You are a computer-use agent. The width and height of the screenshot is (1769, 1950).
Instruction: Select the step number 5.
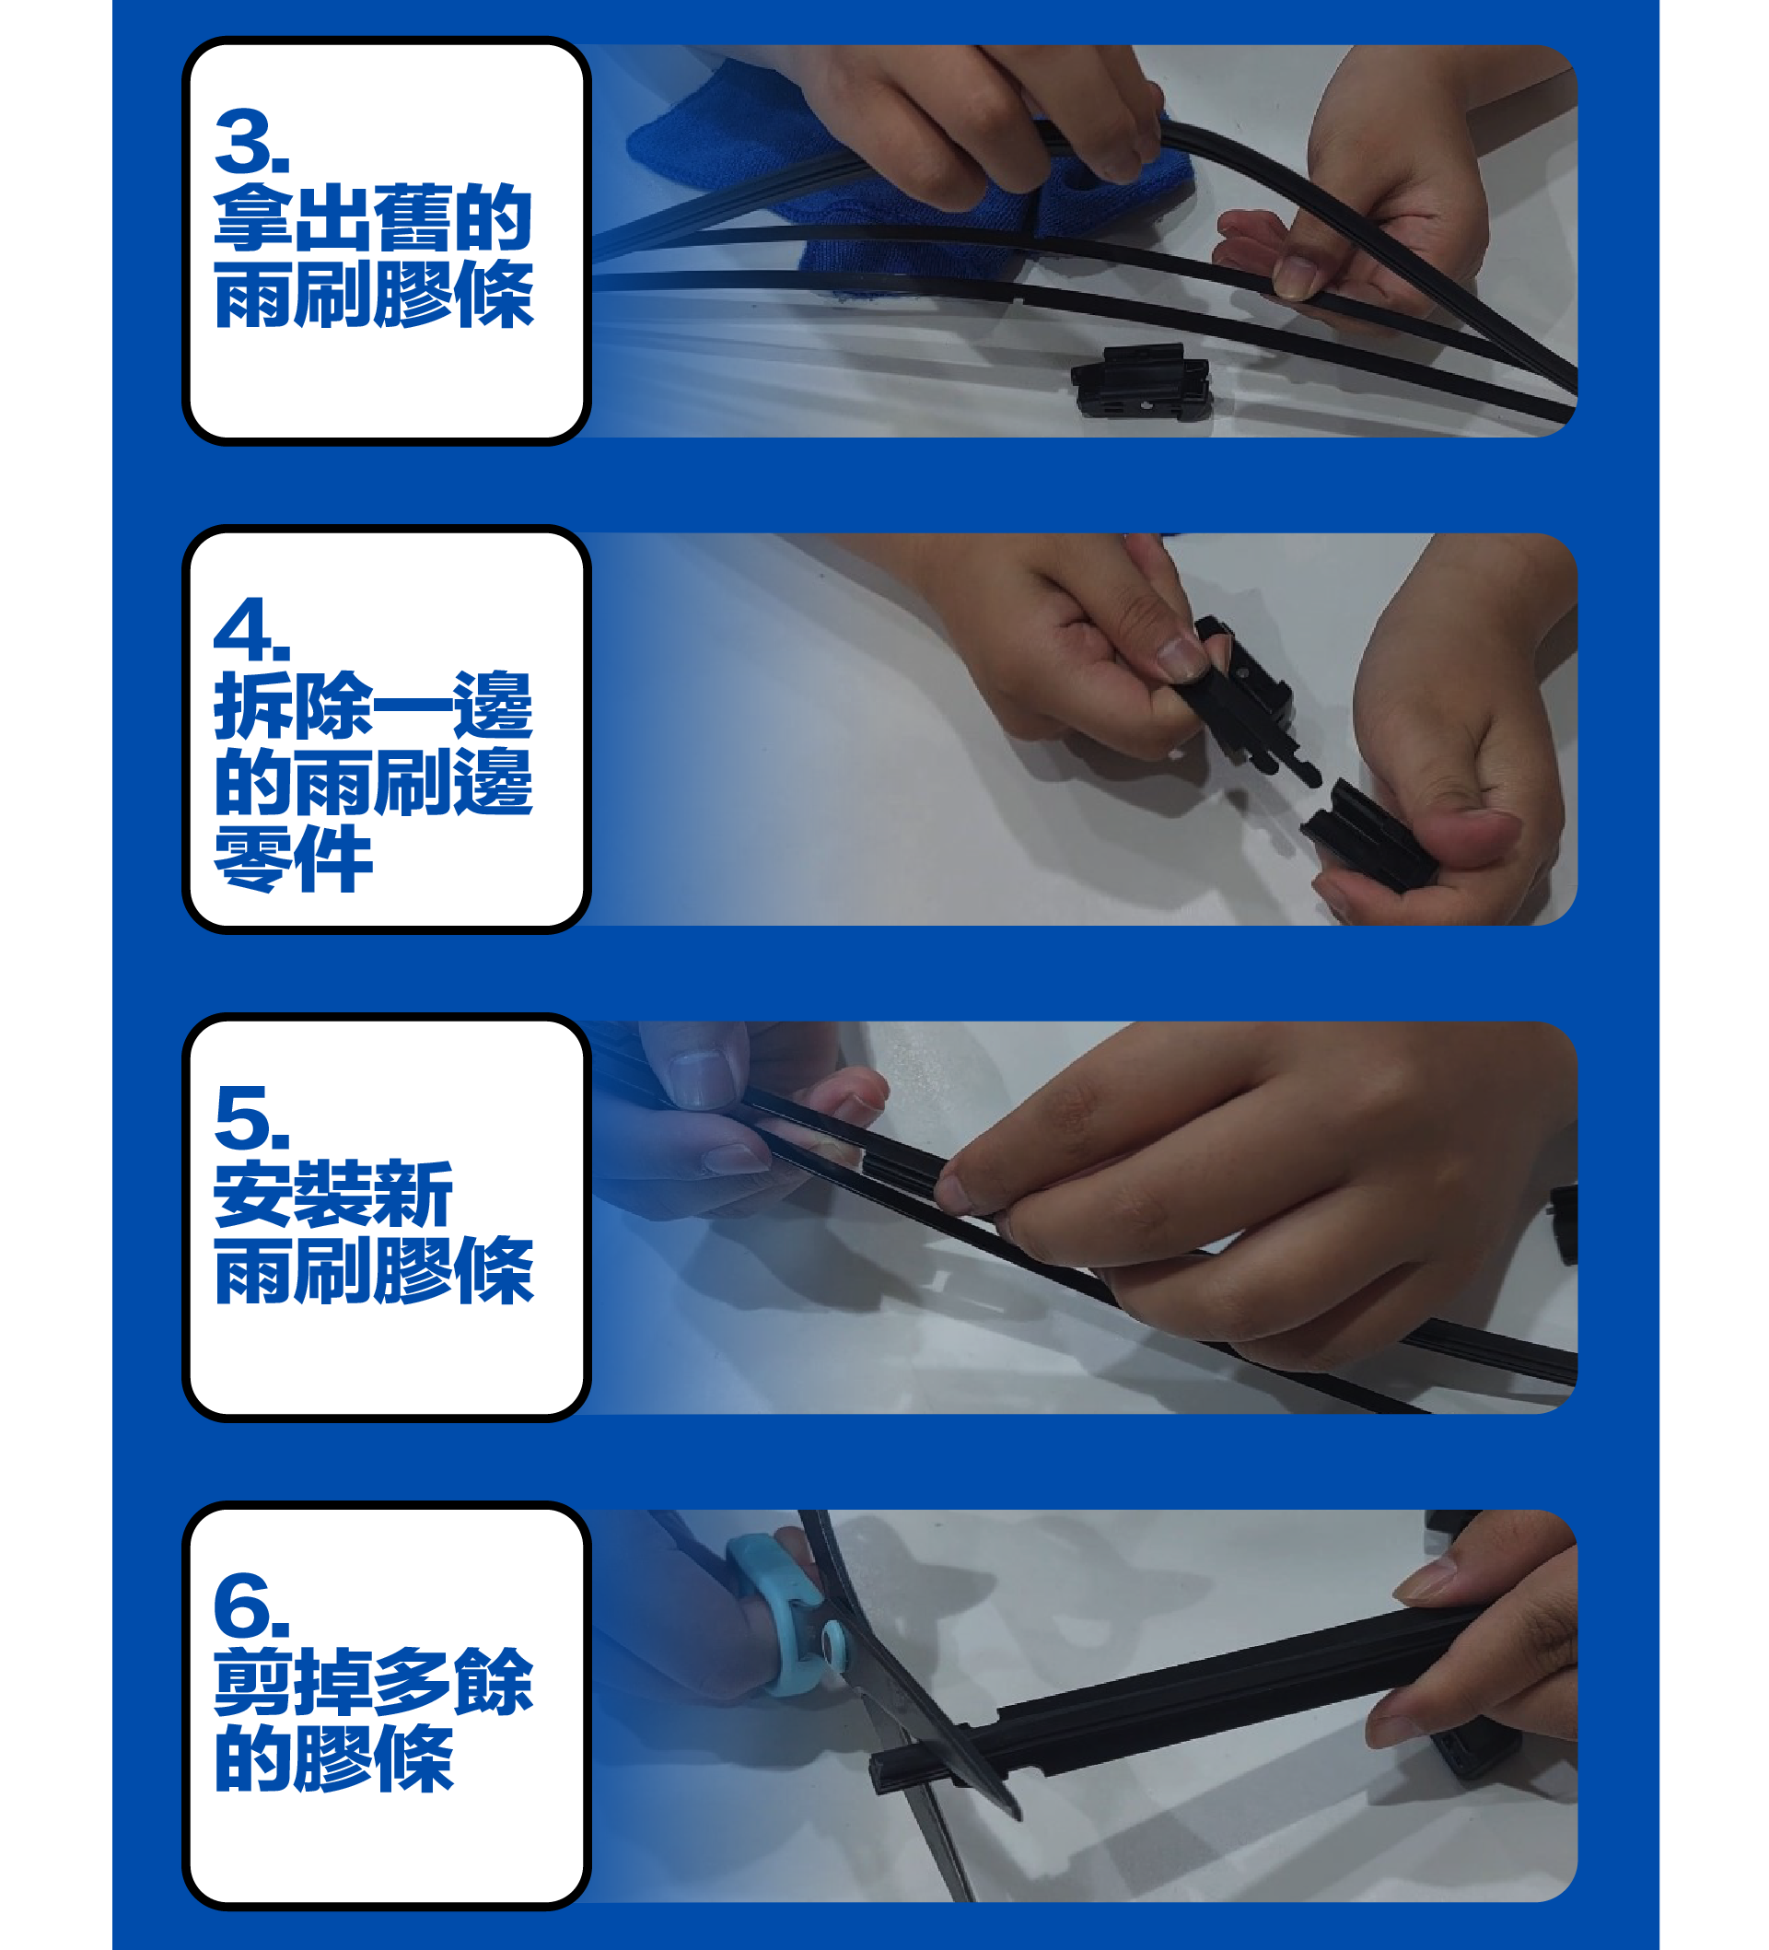250,1117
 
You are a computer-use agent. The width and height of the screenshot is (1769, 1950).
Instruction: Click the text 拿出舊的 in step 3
373,217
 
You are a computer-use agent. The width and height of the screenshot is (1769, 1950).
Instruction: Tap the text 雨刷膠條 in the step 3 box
373,294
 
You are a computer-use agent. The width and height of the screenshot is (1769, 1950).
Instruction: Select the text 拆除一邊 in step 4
373,706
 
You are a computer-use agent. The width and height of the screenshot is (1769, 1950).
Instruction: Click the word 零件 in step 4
293,858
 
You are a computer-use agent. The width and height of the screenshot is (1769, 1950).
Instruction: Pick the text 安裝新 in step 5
332,1194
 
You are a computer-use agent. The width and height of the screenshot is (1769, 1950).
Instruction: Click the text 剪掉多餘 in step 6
373,1682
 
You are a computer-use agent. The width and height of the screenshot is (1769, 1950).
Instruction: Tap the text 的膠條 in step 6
332,1758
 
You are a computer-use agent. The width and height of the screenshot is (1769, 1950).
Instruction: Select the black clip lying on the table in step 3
1141,382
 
